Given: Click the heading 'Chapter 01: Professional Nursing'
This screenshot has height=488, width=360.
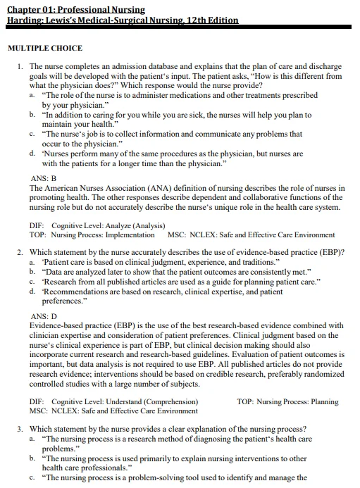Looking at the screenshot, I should (75, 10).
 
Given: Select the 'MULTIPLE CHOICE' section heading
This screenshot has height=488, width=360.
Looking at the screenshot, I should (44, 49).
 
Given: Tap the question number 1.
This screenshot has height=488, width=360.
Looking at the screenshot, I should (20, 66).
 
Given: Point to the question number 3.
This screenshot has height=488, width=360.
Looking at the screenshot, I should (20, 429).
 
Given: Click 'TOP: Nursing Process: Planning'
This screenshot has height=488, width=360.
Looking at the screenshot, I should (287, 402).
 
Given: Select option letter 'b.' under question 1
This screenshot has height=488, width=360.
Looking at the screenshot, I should (33, 114).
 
